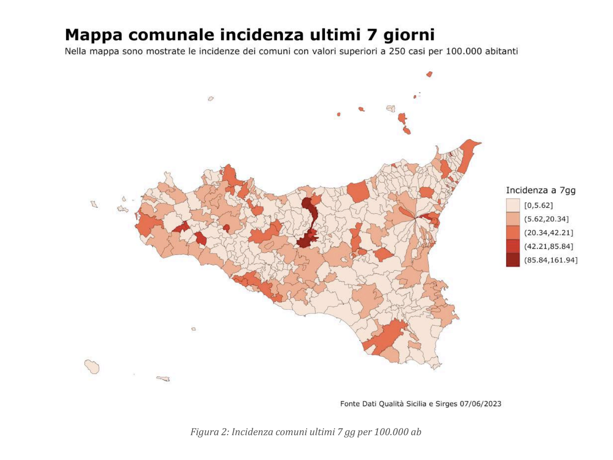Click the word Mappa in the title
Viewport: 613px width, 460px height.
(x=94, y=35)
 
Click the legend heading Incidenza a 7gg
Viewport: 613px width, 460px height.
(x=541, y=191)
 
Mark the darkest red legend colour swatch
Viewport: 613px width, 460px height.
(x=513, y=260)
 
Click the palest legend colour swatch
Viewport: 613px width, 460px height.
(x=513, y=205)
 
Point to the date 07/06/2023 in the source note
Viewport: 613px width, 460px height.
(x=480, y=404)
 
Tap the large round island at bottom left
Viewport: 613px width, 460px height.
(x=92, y=367)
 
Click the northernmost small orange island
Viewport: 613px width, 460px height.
(x=429, y=74)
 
